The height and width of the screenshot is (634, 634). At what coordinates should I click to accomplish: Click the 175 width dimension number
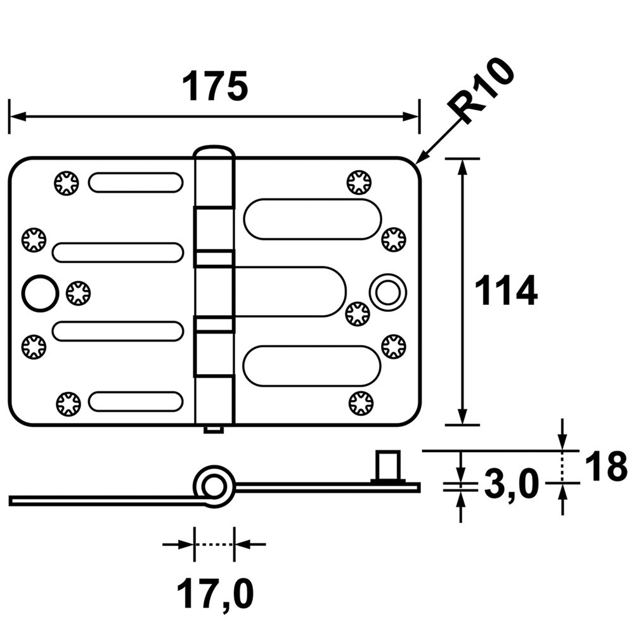coord(214,86)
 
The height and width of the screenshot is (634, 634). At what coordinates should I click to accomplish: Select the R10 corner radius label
coord(482,91)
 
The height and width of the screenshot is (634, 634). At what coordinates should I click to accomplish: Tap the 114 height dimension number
coord(506,290)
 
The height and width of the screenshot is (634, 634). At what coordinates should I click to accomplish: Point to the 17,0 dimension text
coord(215,595)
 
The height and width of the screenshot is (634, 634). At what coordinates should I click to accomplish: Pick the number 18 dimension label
coord(605,467)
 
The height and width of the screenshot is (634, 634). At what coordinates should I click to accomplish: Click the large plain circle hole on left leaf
coord(39,294)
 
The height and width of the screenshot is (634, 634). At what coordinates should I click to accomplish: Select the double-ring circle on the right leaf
coord(388,292)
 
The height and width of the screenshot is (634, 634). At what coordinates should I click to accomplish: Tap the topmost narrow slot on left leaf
coord(136,183)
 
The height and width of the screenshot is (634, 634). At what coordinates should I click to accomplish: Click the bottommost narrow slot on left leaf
coord(136,401)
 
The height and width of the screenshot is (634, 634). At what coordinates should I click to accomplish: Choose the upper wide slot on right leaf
coord(312,219)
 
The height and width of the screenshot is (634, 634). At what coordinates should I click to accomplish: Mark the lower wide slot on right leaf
coord(312,366)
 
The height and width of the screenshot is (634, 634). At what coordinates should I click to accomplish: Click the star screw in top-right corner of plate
coord(359,183)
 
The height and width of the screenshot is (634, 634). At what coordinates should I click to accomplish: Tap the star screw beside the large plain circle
coord(78,293)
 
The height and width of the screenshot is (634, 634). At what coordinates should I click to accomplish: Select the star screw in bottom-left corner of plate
coord(68,403)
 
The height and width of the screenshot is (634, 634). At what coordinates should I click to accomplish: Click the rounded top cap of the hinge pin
coord(214,152)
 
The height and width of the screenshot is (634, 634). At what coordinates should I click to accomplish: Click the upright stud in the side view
coord(389,466)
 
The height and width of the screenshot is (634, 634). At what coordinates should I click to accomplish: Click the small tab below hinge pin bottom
coord(214,429)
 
